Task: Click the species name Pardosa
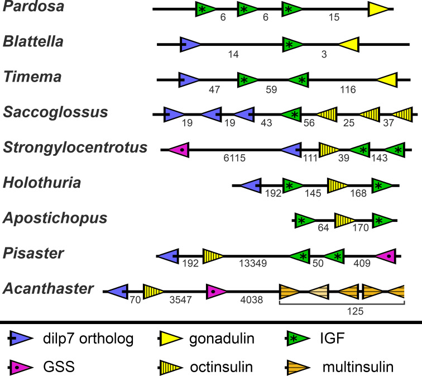[33, 6]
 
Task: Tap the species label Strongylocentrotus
[75, 147]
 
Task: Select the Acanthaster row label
[48, 288]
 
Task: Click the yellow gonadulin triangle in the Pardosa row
[378, 9]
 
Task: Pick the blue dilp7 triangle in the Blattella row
[190, 45]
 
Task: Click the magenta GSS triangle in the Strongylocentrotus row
[179, 150]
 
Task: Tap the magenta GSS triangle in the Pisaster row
[386, 256]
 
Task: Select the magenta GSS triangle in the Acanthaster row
[217, 292]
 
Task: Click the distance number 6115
[234, 158]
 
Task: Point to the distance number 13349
[253, 263]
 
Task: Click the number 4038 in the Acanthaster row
[251, 300]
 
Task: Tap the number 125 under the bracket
[355, 311]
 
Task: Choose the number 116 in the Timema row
[348, 89]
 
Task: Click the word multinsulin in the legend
[358, 367]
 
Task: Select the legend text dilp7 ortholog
[88, 339]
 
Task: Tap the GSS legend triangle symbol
[21, 367]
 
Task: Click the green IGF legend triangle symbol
[298, 339]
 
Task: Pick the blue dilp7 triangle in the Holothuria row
[251, 185]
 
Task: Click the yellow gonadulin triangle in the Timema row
[387, 80]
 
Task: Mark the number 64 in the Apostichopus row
[323, 228]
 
